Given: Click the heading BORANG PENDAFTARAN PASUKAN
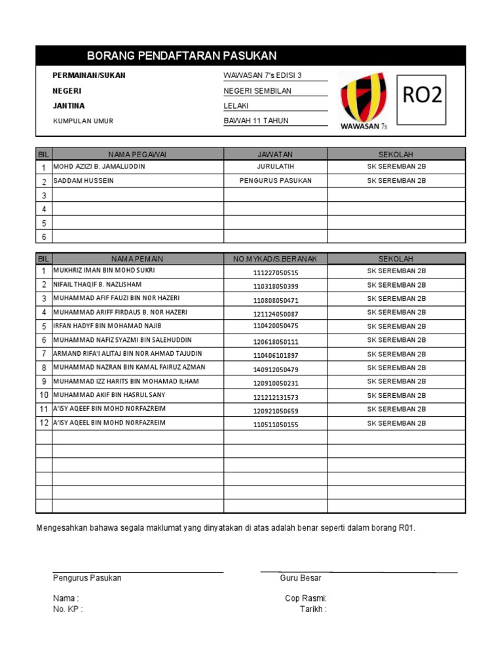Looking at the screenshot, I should (x=181, y=56).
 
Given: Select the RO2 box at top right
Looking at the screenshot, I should (x=422, y=96).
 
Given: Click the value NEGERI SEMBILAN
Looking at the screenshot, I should (x=257, y=91).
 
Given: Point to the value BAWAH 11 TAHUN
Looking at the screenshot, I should (x=256, y=121).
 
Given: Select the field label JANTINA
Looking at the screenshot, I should (x=69, y=105).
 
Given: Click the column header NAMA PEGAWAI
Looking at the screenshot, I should (x=138, y=154).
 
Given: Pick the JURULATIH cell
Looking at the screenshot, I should (x=275, y=166).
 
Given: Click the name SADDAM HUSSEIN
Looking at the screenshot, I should (x=83, y=181).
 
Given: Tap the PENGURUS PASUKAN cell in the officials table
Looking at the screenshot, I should (x=275, y=181).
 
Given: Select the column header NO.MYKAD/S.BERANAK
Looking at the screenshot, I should (x=275, y=259).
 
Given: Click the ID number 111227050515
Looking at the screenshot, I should (x=275, y=272).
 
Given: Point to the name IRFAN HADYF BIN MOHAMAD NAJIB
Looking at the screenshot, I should (x=107, y=326).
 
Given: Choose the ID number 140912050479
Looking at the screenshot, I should (x=275, y=370).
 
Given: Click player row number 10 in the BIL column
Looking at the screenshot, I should (x=44, y=395).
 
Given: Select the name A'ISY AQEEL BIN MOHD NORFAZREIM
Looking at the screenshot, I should (x=109, y=423).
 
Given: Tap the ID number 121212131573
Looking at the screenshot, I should (x=275, y=397).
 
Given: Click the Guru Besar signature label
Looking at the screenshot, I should (x=300, y=578).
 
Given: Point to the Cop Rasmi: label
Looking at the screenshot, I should (x=305, y=598).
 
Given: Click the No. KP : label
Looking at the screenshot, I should (x=67, y=609).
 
